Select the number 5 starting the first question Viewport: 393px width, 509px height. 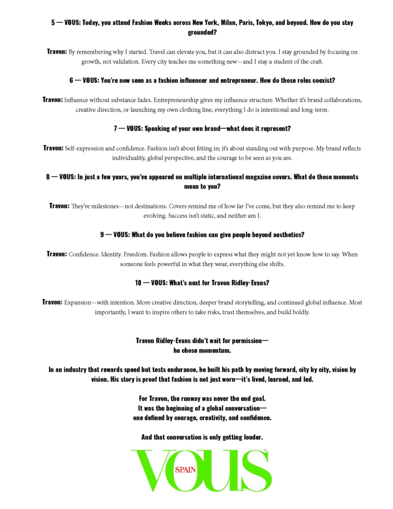click(x=53, y=23)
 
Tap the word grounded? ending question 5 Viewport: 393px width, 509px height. click(x=202, y=32)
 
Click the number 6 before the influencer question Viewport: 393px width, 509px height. click(x=72, y=80)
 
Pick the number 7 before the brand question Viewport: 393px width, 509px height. click(x=116, y=128)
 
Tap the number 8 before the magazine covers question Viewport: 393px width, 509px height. click(x=48, y=177)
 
